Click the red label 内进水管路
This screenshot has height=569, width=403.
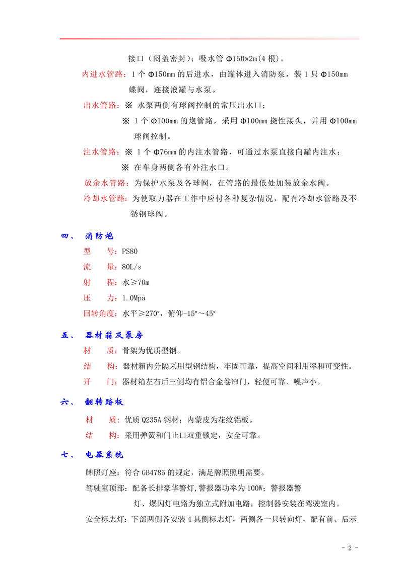click(x=104, y=74)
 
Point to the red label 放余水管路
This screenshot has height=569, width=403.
click(x=105, y=183)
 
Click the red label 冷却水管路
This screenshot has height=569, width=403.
click(x=105, y=198)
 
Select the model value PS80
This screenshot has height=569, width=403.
click(x=129, y=251)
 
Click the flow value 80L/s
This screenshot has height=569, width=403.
click(x=131, y=267)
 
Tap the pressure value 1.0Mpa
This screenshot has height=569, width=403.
click(x=133, y=298)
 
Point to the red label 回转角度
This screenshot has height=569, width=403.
click(x=100, y=313)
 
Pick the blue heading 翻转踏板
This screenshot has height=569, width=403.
click(x=104, y=402)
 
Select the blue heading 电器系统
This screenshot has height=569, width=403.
click(x=104, y=455)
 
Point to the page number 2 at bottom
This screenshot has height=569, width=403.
click(x=349, y=548)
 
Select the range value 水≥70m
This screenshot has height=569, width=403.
click(x=136, y=282)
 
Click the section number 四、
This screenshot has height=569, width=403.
click(x=68, y=236)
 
